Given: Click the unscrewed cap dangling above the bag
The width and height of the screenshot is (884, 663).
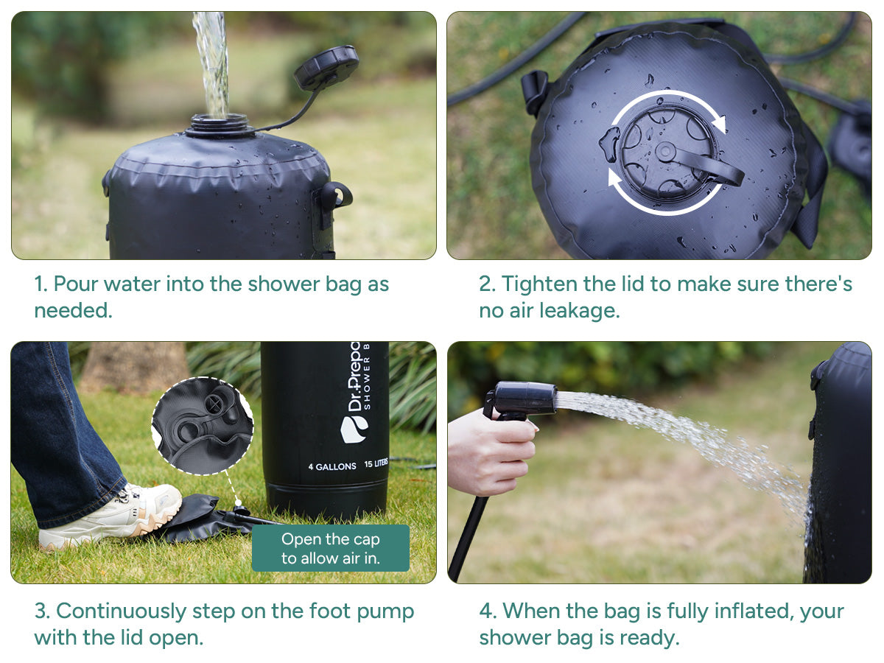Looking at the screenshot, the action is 326,67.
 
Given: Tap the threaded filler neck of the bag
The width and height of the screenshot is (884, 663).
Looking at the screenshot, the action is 220,125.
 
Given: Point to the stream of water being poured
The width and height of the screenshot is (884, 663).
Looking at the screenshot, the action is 211,64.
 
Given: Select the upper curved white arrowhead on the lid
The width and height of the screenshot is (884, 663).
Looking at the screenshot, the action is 719,123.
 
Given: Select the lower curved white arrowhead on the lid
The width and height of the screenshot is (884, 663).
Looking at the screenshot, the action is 614,177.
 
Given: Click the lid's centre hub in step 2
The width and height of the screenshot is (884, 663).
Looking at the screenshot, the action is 666,152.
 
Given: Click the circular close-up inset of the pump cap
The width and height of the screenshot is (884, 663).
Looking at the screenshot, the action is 203,426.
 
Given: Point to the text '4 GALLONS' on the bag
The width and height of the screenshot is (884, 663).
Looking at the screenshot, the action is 332,466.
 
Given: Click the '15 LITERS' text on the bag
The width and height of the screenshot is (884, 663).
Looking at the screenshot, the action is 376,464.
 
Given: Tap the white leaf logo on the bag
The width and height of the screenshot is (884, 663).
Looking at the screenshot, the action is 354,429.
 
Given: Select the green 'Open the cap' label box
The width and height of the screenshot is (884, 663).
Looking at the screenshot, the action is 331,548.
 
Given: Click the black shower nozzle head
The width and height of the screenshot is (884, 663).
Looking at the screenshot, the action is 525,398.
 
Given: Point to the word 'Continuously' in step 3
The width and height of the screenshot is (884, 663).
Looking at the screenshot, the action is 121,612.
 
